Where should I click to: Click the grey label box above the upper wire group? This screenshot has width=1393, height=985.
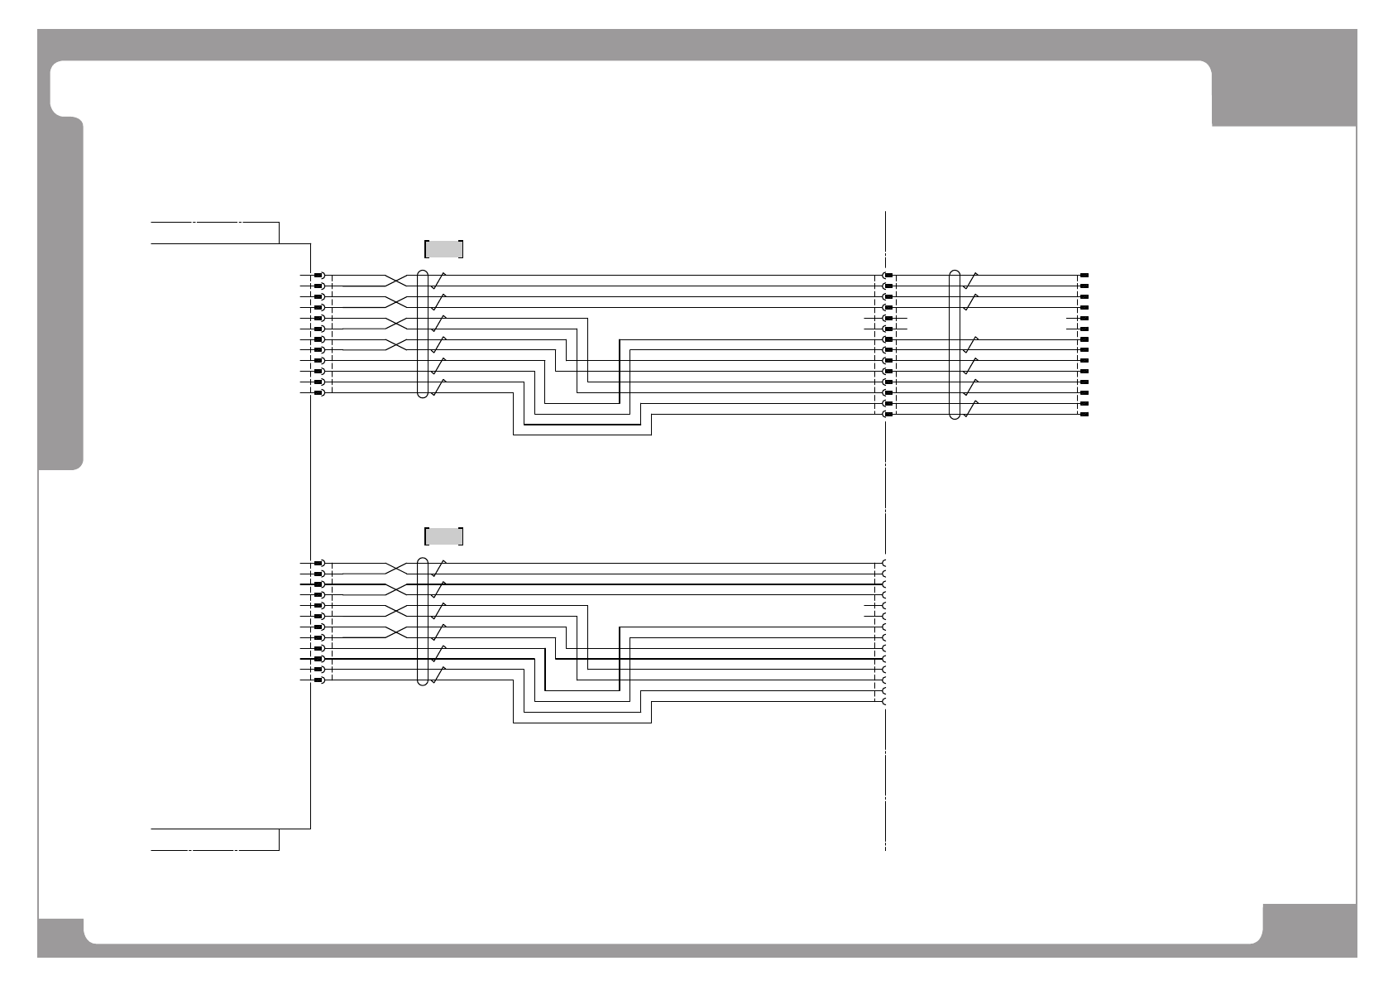pos(443,248)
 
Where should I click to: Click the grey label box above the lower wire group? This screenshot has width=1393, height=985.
pos(443,536)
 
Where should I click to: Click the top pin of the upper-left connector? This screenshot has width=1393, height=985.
pos(318,275)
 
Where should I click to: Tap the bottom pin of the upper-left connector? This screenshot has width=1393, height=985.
pos(318,392)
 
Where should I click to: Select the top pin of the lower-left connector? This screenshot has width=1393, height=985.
pos(318,563)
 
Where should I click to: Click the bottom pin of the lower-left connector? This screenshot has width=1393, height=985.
pos(318,680)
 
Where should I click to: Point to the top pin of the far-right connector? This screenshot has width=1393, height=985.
pos(1084,275)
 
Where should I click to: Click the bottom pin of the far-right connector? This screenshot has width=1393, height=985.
pos(1084,414)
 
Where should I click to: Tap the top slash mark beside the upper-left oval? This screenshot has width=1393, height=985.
pos(438,279)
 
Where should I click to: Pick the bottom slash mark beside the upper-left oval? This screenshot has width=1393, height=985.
pos(438,387)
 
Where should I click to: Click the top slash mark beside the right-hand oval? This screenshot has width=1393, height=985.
pos(971,279)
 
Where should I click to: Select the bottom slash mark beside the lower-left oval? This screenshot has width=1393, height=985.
pos(438,675)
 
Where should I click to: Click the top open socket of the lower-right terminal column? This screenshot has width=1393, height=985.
pos(884,563)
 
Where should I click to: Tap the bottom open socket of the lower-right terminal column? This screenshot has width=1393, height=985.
pos(884,702)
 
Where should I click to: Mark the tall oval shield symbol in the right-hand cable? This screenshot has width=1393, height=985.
pos(955,344)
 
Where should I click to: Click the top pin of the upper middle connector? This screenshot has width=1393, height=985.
pos(888,275)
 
